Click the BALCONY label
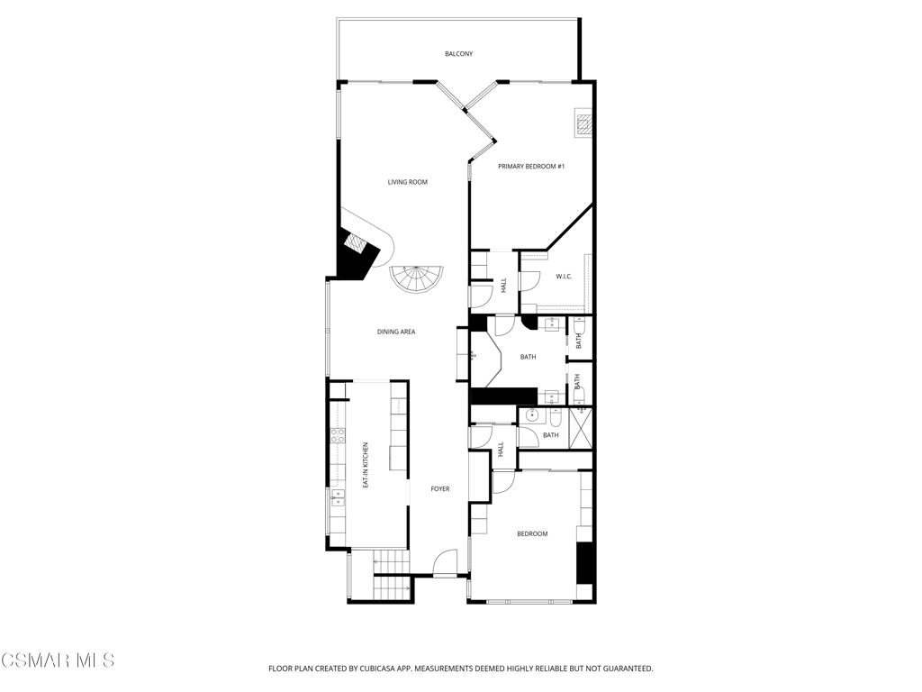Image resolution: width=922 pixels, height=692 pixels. point(458,54)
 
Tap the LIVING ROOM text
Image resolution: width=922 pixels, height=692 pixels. point(408,182)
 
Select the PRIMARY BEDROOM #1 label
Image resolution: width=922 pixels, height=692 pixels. point(531,167)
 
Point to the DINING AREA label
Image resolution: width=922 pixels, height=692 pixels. point(396,332)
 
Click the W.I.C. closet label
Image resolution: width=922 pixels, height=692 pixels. point(564,277)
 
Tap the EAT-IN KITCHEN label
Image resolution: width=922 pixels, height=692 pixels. point(366,465)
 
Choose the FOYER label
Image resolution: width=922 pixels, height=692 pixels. point(440,489)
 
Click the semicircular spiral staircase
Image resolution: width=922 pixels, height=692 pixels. point(416,280)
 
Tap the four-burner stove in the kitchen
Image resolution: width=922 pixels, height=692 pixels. point(338,435)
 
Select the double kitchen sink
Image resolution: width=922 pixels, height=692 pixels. point(338,497)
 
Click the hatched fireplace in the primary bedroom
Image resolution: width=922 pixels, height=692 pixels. point(583,123)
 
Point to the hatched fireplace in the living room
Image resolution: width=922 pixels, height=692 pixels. point(356,243)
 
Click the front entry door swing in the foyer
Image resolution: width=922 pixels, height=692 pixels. point(445,562)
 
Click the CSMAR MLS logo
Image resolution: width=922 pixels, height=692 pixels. point(57,660)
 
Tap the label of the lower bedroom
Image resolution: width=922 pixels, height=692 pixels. point(532,534)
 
